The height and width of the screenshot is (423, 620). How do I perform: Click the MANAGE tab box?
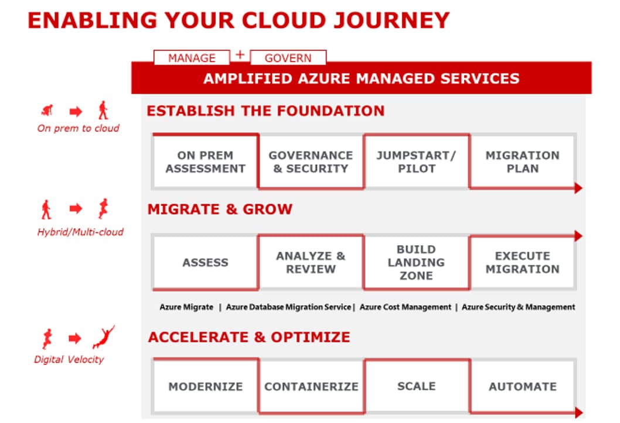click(x=192, y=57)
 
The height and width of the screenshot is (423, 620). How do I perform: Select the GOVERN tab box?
click(x=288, y=57)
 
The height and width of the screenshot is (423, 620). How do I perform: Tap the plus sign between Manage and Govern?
click(x=240, y=54)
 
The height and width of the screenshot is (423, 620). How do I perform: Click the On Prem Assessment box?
click(x=205, y=162)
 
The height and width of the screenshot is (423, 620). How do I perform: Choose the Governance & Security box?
click(x=311, y=162)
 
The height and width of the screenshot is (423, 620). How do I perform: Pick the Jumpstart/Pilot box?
click(x=417, y=162)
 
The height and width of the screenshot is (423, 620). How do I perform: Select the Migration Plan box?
click(x=522, y=162)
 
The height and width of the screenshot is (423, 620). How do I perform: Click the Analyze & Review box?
click(x=311, y=263)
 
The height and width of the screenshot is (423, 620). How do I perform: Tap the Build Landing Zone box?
click(x=417, y=263)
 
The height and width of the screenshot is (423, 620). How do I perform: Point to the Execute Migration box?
click(x=522, y=263)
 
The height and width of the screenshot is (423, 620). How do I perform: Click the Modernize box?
click(x=205, y=386)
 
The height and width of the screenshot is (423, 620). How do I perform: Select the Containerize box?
click(x=311, y=386)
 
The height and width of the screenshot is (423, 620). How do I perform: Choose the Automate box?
click(x=522, y=386)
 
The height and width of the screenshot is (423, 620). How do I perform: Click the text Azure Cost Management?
click(x=406, y=307)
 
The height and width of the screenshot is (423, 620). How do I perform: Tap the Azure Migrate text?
click(x=186, y=307)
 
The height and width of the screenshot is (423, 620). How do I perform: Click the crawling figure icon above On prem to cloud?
click(x=47, y=110)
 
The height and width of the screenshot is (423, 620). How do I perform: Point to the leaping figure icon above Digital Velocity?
click(x=104, y=337)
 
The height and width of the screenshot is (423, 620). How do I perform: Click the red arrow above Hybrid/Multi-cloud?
click(x=76, y=208)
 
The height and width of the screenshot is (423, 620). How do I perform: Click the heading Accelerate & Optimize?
click(x=249, y=338)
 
